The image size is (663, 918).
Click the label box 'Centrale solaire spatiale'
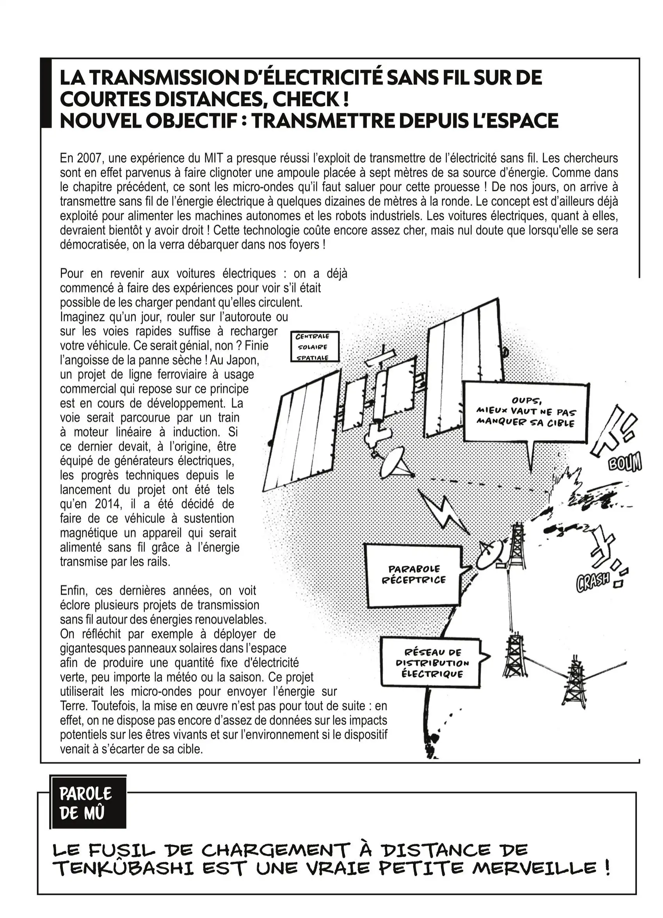[x=312, y=347]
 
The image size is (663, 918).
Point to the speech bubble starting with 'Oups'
[x=525, y=412]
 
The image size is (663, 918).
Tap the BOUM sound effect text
[x=625, y=463]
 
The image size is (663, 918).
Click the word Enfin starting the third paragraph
[x=75, y=591]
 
